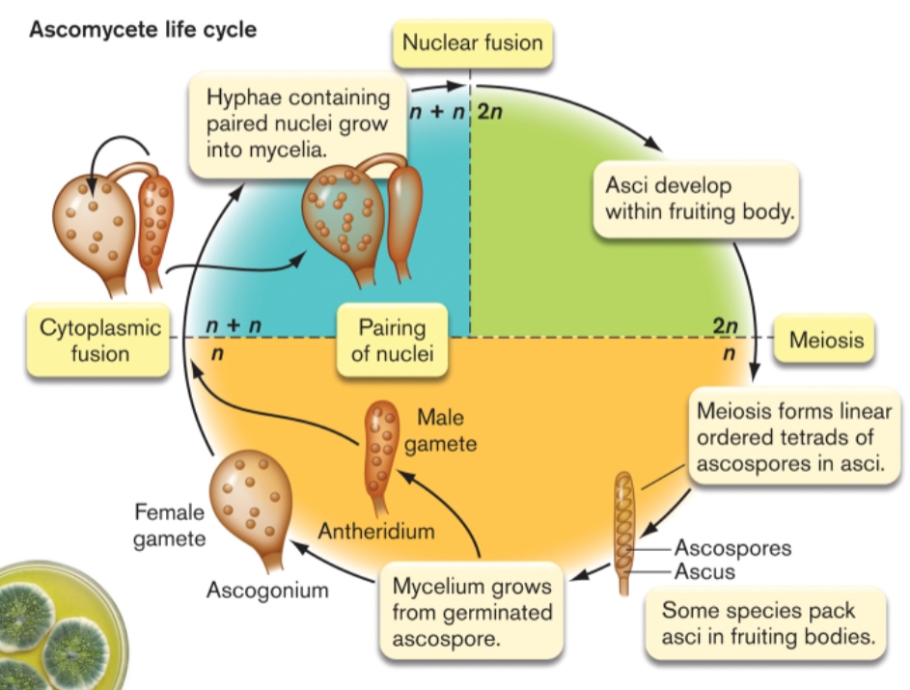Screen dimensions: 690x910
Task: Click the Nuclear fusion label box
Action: pos(472,42)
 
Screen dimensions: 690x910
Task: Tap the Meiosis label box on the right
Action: pos(825,340)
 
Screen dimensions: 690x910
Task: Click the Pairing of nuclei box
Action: pos(392,340)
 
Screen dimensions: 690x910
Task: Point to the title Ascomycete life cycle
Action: pos(143,29)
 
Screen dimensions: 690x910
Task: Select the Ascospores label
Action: pos(732,548)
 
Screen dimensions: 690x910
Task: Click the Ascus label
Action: pos(704,571)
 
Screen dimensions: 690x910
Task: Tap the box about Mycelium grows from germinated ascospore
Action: pos(472,612)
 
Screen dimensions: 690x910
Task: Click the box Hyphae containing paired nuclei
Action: pos(299,124)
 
